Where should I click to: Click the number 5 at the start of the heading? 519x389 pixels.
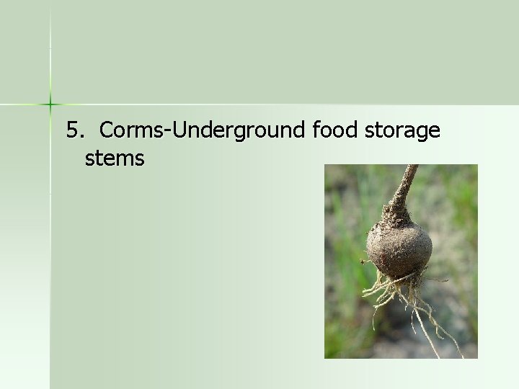tap(71, 131)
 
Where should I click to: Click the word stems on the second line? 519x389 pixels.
tap(115, 158)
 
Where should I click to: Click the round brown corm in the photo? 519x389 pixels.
tap(399, 248)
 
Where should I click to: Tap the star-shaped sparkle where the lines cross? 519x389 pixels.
tap(50, 105)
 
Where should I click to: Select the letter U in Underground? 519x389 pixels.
tap(179, 131)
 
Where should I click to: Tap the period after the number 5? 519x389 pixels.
tap(79, 137)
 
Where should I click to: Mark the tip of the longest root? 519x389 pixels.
tap(462, 357)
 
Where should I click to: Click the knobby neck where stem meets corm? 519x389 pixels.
tap(397, 213)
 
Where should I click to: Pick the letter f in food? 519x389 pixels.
tap(317, 131)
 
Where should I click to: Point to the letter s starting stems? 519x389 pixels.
tap(89, 159)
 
